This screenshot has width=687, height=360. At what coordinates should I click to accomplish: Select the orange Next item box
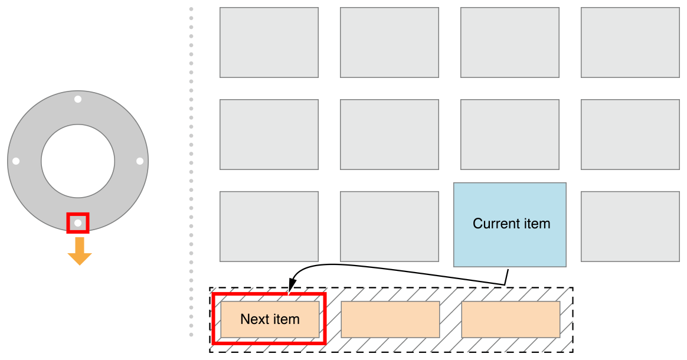click(270, 319)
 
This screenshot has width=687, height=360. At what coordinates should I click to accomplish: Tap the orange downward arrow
click(79, 251)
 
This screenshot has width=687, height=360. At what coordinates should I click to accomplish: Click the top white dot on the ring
click(78, 99)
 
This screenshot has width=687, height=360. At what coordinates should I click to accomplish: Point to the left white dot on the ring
click(16, 161)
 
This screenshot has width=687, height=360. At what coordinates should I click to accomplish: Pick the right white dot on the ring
click(140, 161)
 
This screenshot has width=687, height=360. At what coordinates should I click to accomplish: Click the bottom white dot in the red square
click(78, 223)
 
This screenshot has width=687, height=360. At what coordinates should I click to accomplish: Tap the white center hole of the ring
click(78, 161)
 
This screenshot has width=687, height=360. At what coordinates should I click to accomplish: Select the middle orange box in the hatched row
click(390, 319)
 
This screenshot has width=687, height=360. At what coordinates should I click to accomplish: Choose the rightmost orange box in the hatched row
click(511, 319)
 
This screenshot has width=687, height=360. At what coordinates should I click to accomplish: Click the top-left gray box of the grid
click(269, 42)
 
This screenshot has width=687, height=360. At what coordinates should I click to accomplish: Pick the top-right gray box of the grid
click(630, 42)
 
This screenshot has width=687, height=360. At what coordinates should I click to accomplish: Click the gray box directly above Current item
click(510, 135)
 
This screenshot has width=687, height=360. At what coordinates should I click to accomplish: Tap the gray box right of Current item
click(630, 227)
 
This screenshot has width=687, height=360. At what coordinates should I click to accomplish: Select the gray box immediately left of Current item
click(390, 227)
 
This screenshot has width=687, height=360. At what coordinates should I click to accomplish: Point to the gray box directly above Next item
click(269, 227)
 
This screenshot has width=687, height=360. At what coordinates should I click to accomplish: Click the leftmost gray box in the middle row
click(269, 135)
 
